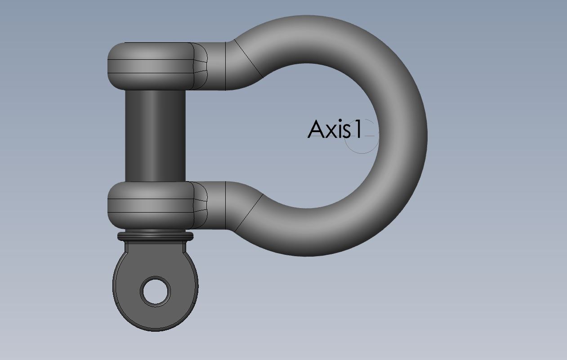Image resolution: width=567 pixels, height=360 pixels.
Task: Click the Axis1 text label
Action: coord(335,129)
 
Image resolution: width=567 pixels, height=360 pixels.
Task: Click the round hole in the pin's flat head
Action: coord(156,291)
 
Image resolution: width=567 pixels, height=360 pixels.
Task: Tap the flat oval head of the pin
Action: coord(156,286)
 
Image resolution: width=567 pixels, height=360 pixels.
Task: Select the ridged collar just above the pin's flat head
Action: coord(156,236)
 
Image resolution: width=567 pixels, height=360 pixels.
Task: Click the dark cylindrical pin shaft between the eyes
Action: coord(156,136)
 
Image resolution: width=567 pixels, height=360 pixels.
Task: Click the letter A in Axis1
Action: coord(316,129)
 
